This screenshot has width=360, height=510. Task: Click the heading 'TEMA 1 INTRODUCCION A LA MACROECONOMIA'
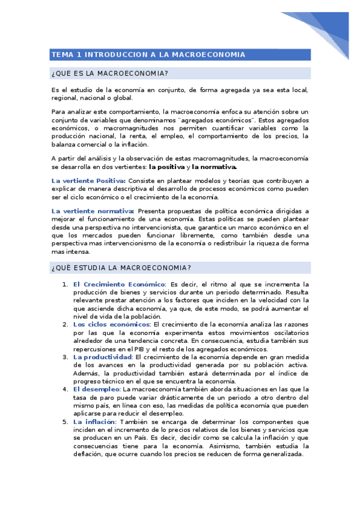148,55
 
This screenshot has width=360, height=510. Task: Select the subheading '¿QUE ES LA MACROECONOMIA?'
110,74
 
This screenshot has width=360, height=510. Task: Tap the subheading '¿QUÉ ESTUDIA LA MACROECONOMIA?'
121,267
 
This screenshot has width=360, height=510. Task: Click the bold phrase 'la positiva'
166,167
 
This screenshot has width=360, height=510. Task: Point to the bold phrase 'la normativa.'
214,167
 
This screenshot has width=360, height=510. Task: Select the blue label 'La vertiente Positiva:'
88,180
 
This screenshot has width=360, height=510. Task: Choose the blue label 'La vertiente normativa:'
93,211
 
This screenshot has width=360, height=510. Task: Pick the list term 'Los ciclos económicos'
111,324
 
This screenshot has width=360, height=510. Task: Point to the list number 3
65,357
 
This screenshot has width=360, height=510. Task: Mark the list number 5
65,422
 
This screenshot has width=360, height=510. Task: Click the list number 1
65,284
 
